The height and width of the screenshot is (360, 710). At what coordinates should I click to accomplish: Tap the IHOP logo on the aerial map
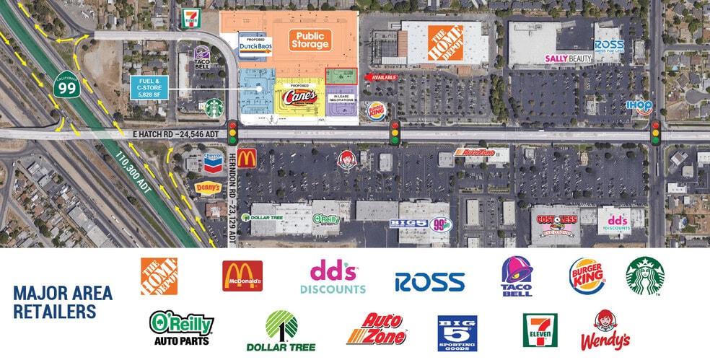[639, 107]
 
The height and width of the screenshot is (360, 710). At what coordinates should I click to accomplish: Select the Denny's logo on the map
[207, 188]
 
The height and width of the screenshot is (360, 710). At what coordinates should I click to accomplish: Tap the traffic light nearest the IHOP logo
[655, 133]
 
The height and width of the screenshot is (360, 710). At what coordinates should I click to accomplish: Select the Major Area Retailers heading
[63, 302]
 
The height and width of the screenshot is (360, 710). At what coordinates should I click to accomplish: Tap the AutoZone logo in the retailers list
[376, 329]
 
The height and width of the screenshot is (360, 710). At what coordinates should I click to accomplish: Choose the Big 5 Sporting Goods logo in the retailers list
[457, 333]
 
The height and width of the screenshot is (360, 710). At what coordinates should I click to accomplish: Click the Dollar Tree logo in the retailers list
[281, 331]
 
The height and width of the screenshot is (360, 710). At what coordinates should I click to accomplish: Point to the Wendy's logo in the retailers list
[605, 330]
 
